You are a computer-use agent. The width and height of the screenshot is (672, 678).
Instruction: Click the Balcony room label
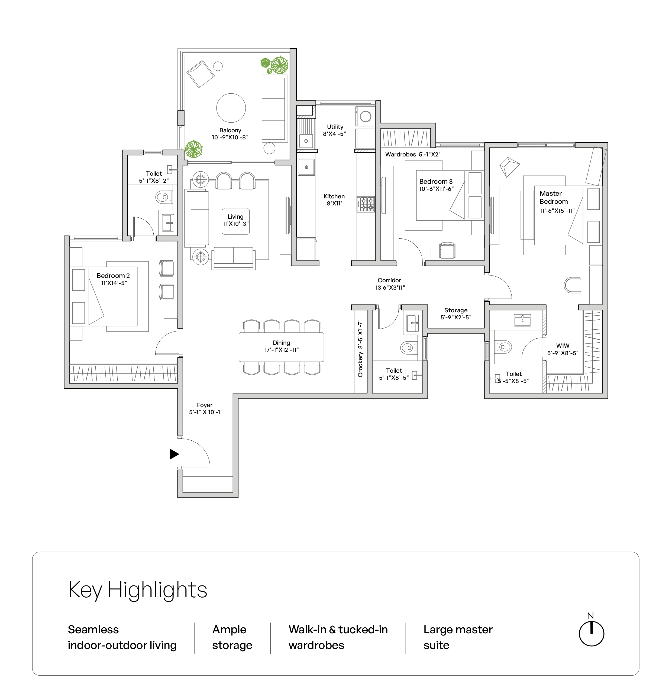click(x=230, y=130)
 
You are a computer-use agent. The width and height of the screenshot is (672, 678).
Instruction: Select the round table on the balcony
click(x=231, y=108)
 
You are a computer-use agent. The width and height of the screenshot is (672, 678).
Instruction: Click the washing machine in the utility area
click(x=365, y=116)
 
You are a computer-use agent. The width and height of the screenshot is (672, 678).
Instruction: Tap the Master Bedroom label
click(x=553, y=197)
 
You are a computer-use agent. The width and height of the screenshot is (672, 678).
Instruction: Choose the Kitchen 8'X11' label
click(x=334, y=200)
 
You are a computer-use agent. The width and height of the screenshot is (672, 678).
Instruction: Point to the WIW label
click(x=563, y=346)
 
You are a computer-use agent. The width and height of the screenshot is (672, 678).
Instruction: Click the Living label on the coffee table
click(x=235, y=217)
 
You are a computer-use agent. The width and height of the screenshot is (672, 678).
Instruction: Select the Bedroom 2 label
click(x=113, y=276)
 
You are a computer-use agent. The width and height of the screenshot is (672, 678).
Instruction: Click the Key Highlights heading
click(x=137, y=590)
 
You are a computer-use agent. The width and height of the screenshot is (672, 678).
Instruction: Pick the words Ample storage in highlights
click(x=232, y=637)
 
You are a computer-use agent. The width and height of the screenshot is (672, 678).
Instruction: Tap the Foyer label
click(x=205, y=405)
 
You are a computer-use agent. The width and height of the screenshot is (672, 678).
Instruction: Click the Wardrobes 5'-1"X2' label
click(x=412, y=154)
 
